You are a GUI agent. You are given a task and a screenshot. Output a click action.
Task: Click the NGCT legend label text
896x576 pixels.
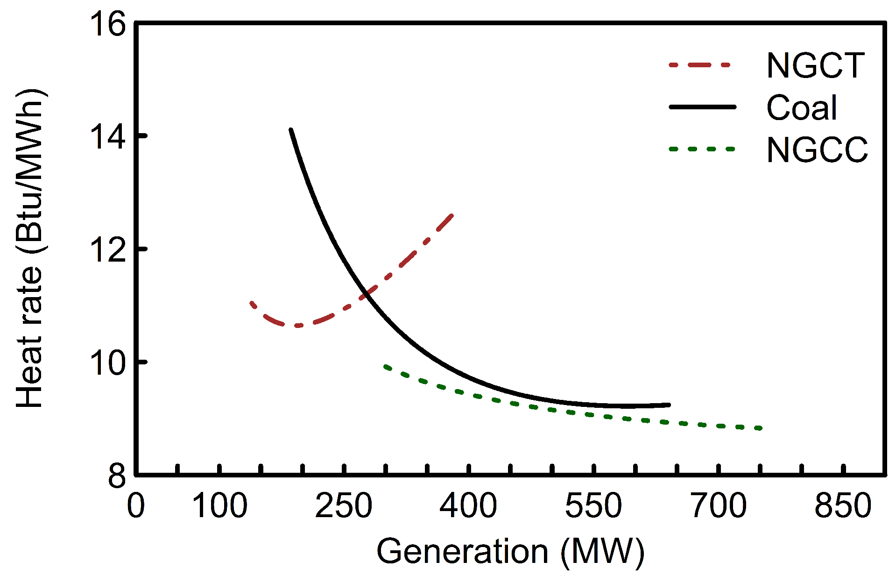coord(816,66)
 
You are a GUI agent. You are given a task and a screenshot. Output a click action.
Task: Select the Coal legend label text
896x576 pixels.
coord(801,108)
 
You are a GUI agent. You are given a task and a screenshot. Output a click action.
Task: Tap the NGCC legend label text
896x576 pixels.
coord(817,150)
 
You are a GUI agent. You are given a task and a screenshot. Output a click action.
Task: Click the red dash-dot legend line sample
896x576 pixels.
coord(699,65)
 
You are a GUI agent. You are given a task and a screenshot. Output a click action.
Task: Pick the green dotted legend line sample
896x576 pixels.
coord(702,149)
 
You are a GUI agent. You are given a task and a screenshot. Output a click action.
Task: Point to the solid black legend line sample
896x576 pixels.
coord(702,107)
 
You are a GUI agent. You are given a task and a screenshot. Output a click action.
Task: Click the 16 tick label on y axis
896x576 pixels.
coord(108,24)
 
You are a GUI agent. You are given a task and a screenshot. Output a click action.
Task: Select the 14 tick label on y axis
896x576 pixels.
coord(108,136)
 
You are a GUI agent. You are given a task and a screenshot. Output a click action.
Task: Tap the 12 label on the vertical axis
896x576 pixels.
coord(108,249)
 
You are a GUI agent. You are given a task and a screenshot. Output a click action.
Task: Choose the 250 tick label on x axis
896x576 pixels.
coord(344,506)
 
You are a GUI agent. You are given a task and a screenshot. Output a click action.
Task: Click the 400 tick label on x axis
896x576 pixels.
coord(468,506)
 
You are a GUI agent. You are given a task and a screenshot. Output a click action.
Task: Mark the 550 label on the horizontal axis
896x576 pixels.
coord(593,506)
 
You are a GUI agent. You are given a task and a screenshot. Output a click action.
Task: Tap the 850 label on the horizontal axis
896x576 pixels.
coord(843,506)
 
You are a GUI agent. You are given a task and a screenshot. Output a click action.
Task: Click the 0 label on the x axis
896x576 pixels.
coord(136,506)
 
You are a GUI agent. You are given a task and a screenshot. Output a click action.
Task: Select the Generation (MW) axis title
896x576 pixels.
coord(510,552)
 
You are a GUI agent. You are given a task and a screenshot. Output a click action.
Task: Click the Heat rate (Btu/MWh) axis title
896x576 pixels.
coord(30,248)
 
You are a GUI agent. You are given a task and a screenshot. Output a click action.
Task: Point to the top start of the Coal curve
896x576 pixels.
coord(291,130)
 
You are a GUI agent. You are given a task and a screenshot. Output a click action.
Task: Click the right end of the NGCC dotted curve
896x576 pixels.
coord(760,428)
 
